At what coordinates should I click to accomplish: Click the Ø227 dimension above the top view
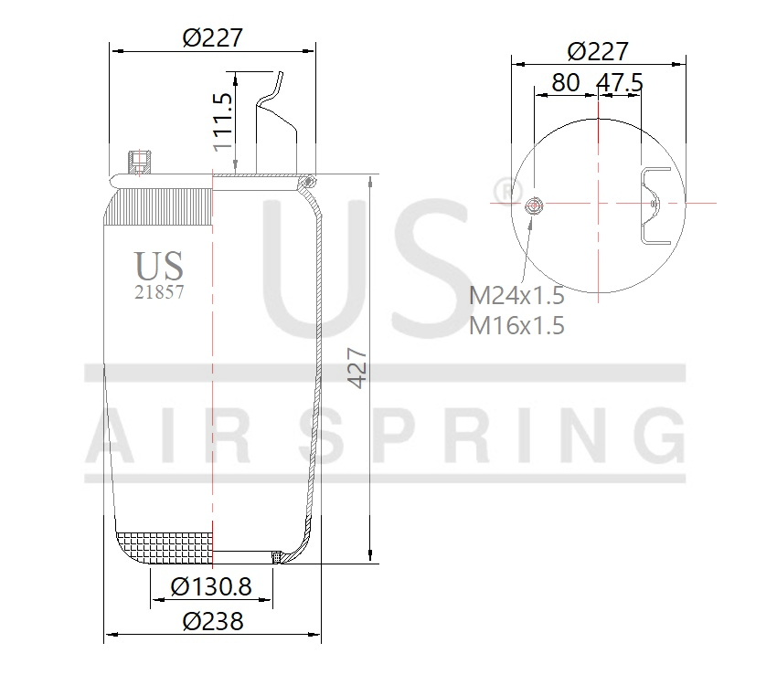click(x=598, y=51)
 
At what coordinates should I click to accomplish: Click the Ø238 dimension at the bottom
click(x=213, y=622)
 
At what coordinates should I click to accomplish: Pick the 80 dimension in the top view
click(x=565, y=82)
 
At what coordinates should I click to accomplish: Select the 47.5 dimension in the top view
click(x=620, y=82)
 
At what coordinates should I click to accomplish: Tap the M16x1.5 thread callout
click(x=516, y=325)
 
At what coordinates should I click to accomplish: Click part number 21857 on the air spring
click(x=159, y=293)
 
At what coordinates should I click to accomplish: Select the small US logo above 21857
click(x=159, y=266)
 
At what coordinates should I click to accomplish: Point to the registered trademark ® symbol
click(x=502, y=189)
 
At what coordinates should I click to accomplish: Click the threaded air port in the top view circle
click(x=534, y=205)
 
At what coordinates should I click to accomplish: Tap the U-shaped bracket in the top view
click(x=655, y=205)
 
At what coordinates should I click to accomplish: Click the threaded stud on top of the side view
click(x=139, y=163)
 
